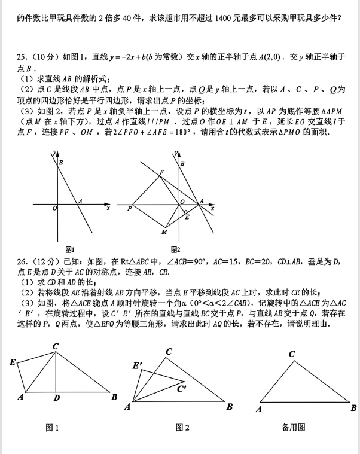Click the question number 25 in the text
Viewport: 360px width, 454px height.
coord(21,57)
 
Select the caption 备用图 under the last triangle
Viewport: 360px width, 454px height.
coord(293,427)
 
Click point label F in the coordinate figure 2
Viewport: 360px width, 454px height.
coord(161,173)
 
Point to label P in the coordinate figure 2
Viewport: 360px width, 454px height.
coord(129,209)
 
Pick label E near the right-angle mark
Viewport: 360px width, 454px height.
coord(187,217)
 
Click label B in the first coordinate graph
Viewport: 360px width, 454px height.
coord(60,162)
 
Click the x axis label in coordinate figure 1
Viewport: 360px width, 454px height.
coord(108,208)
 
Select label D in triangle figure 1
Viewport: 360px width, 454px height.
coord(56,397)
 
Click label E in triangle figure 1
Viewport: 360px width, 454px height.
coord(13,362)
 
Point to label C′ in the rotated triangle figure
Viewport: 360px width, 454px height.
coord(182,388)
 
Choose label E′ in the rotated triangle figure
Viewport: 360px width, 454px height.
coord(138,365)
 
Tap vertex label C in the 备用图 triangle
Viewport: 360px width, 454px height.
coord(292,354)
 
